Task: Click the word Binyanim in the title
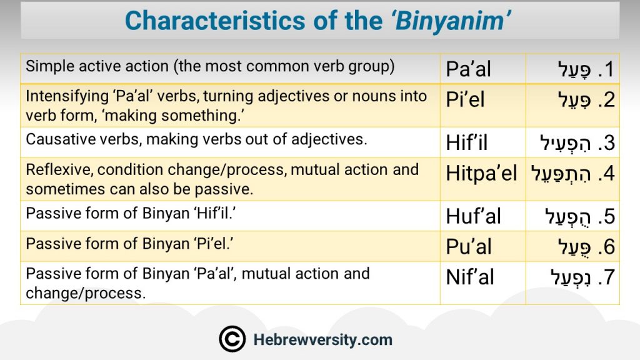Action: coord(451,21)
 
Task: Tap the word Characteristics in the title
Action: coord(215,21)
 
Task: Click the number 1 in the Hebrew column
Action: coord(610,69)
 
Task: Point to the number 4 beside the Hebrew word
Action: coord(609,173)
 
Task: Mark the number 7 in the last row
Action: coord(609,277)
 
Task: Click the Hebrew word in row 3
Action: coord(565,143)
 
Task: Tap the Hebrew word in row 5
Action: coord(567,217)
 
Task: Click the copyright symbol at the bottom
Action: coord(232,339)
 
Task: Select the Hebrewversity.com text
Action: coord(323,339)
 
